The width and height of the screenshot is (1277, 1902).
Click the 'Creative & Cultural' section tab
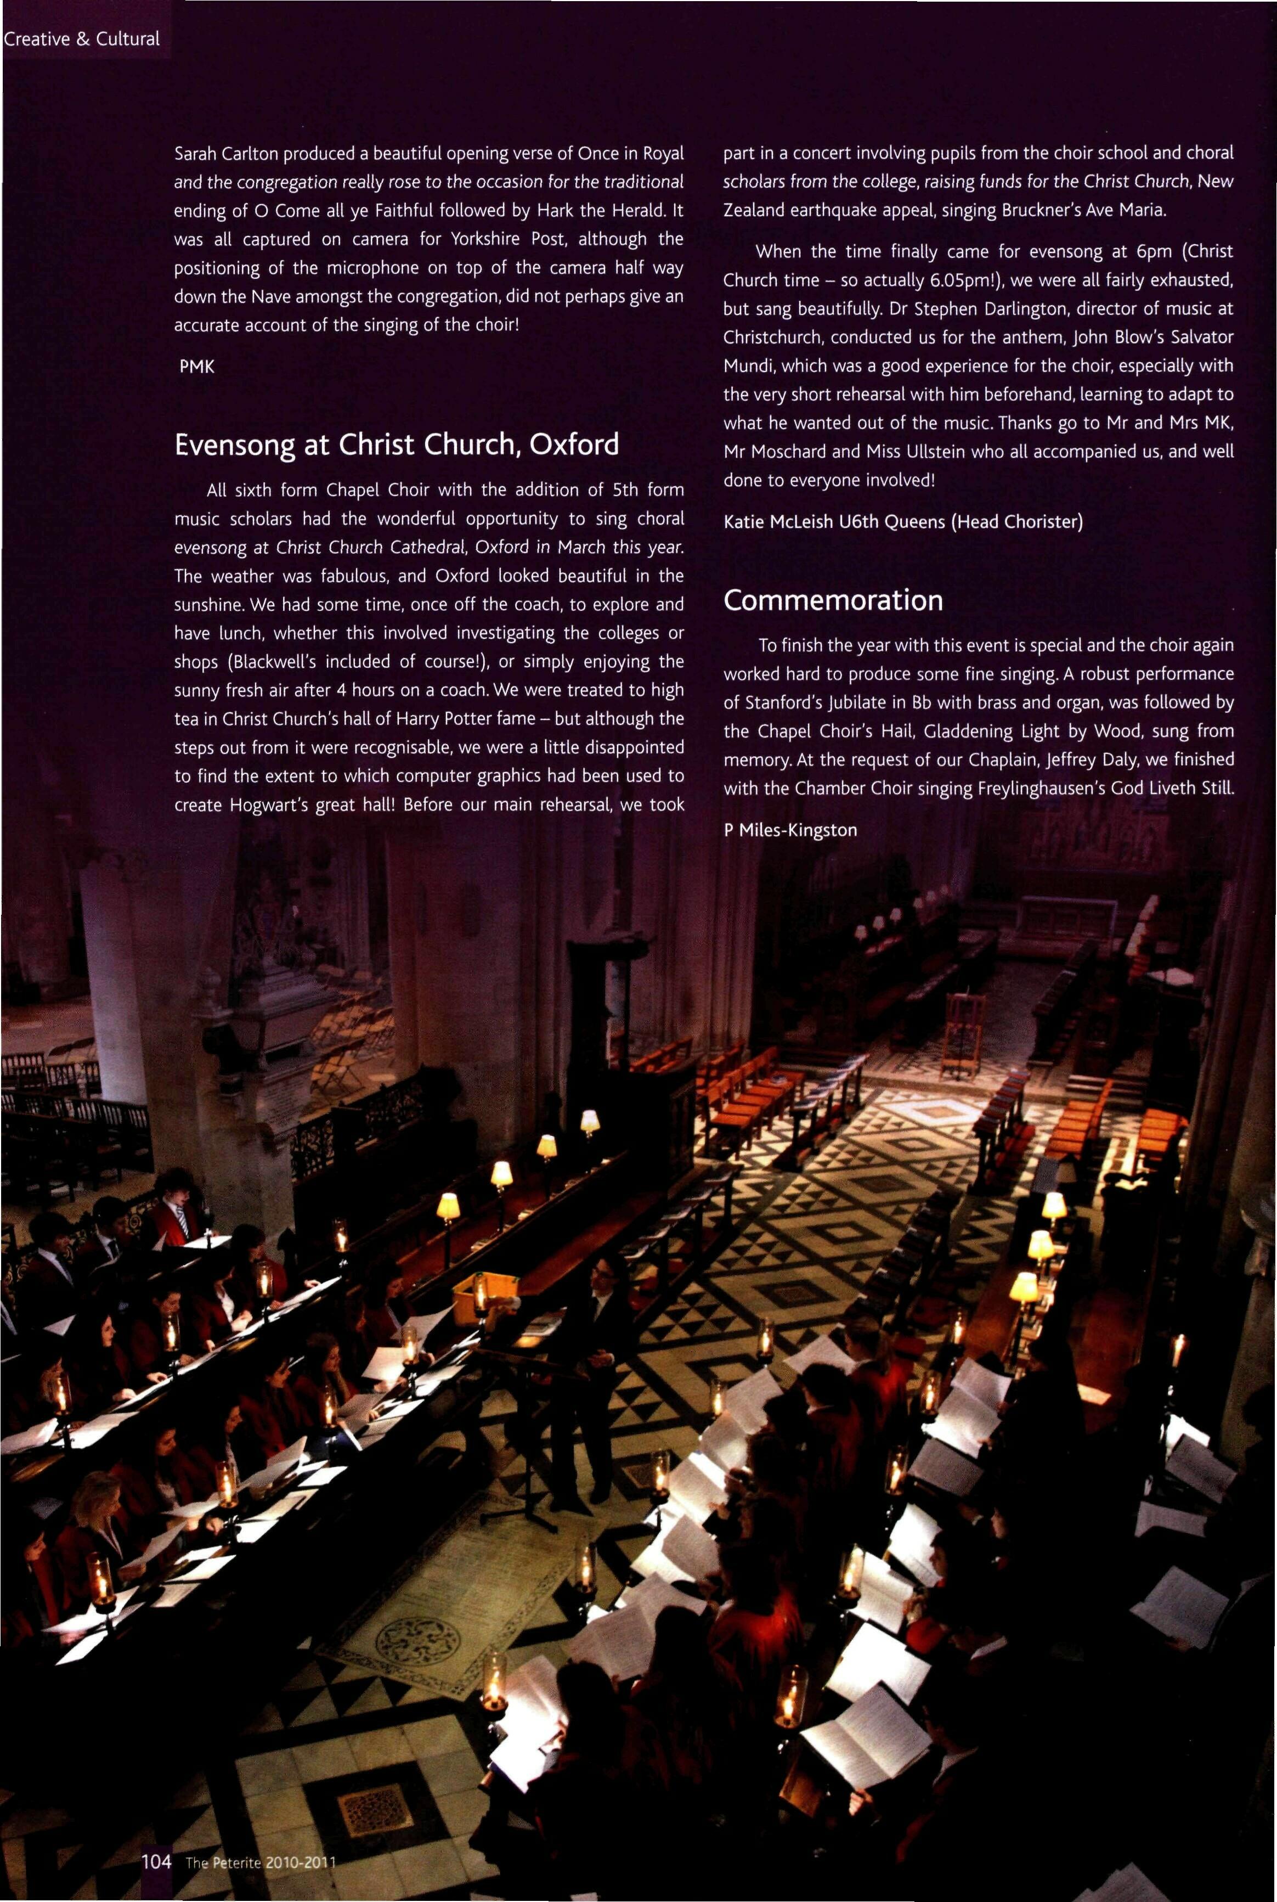click(81, 39)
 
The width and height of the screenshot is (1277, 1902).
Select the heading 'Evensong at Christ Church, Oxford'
click(397, 444)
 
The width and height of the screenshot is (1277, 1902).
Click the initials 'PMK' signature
click(196, 367)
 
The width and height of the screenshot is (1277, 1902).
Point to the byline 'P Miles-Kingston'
click(790, 830)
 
